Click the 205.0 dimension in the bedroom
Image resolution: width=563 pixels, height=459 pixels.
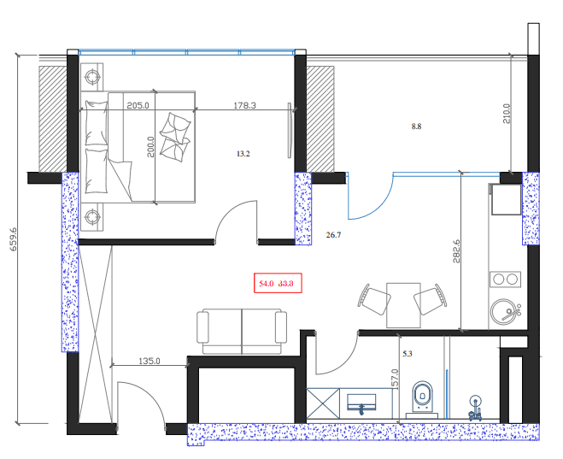[138, 106]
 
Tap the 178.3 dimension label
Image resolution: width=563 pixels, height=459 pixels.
[245, 106]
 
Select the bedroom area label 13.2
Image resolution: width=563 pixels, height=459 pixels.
[243, 155]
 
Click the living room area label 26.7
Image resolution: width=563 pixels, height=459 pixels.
[334, 234]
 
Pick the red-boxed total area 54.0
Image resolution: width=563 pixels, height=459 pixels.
[265, 283]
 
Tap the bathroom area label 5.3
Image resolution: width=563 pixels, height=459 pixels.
[408, 351]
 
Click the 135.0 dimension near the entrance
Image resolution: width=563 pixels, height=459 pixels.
[150, 362]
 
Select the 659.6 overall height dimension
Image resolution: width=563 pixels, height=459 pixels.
[13, 242]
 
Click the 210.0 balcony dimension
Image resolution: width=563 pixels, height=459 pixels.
[506, 115]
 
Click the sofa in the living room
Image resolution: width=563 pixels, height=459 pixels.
[243, 330]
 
